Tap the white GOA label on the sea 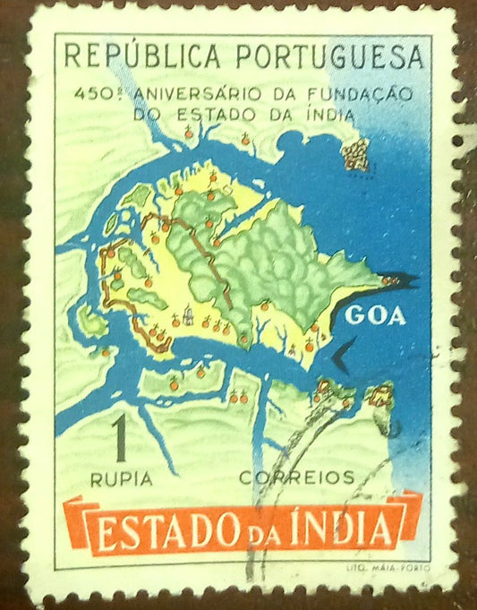point(375,315)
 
